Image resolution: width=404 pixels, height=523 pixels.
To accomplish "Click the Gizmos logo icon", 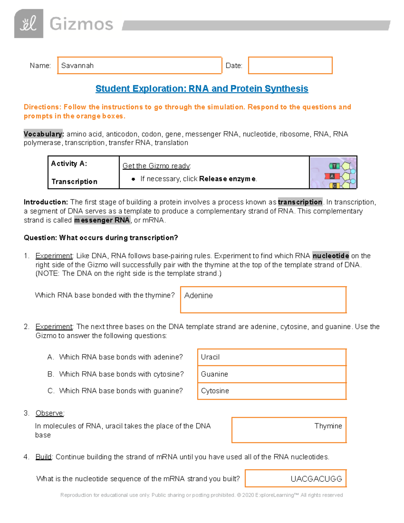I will (x=29, y=24).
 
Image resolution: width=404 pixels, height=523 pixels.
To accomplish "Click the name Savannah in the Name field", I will (x=77, y=66).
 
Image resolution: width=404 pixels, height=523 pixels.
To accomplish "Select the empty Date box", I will (x=290, y=65).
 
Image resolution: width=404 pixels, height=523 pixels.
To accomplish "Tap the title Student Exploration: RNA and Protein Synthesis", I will (x=202, y=89).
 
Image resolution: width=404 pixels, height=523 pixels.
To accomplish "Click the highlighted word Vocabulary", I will (x=43, y=134).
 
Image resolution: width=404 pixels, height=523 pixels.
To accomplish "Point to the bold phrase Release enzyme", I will (x=227, y=179).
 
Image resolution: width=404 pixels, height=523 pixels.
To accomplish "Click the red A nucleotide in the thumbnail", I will (x=332, y=176).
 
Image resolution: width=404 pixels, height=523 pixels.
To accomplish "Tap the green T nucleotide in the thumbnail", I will (x=334, y=166).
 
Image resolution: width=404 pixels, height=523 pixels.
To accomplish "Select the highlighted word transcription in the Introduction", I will (x=300, y=202).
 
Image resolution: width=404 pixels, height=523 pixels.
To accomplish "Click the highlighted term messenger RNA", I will (x=102, y=220).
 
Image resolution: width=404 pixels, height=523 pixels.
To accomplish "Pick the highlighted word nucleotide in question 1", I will (x=331, y=256).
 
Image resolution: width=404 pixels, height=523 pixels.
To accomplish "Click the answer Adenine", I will (x=199, y=295).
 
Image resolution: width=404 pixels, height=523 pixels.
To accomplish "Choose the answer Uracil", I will (x=210, y=357).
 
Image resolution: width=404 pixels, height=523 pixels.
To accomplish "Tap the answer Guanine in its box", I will (x=214, y=374).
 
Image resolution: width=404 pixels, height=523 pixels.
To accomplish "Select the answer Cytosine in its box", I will (x=215, y=391).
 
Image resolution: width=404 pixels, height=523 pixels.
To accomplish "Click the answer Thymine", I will (x=328, y=426).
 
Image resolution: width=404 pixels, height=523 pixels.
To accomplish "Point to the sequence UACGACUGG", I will (x=316, y=479).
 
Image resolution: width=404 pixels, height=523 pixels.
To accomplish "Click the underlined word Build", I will (x=43, y=457).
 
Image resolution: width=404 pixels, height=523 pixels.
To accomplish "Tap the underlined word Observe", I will (x=49, y=413).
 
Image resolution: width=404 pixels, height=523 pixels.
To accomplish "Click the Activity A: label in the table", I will (x=69, y=164).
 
